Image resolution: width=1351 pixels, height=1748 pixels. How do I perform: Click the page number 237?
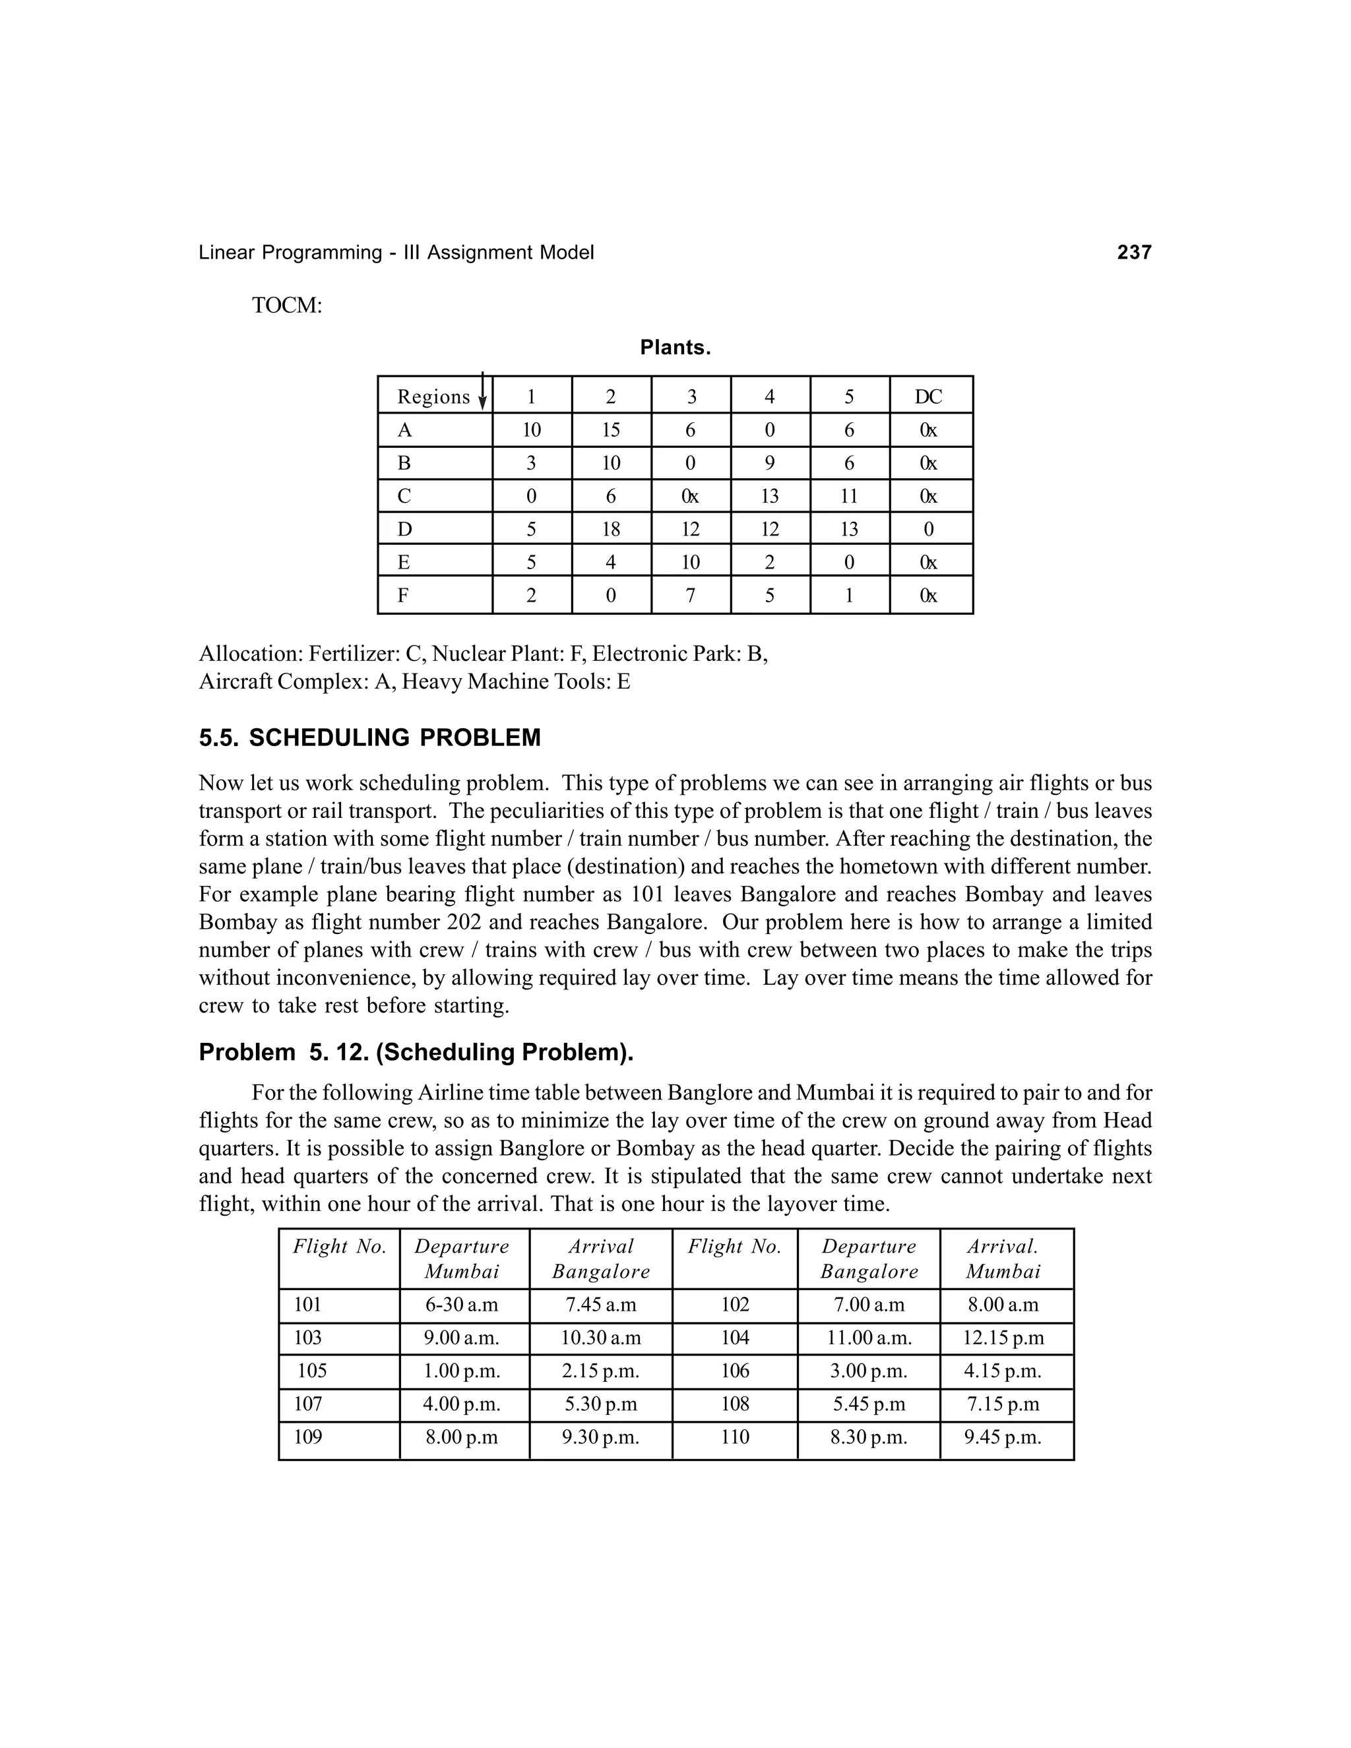point(1133,253)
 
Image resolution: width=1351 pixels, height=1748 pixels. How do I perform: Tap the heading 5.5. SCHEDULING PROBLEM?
point(370,738)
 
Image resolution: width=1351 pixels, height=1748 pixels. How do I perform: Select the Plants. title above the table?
point(675,348)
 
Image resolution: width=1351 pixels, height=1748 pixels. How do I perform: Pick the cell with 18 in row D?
point(611,529)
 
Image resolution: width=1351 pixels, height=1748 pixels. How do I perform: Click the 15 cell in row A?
point(611,431)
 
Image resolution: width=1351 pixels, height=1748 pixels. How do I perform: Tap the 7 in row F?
point(690,596)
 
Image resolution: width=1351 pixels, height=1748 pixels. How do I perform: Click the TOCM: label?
point(286,306)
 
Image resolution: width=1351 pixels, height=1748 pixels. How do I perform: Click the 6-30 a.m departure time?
point(462,1305)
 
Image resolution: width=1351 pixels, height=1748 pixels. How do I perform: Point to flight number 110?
point(735,1437)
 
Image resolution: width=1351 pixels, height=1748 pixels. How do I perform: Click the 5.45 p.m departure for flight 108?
point(868,1404)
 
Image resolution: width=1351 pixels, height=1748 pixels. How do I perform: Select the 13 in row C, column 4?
point(769,496)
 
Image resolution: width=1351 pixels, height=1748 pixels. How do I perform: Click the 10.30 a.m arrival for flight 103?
point(600,1338)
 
